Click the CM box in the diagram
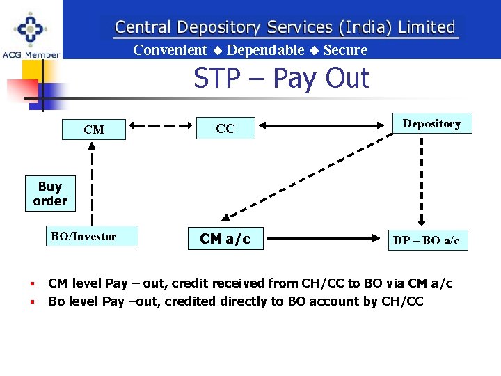(94, 130)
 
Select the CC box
(225, 129)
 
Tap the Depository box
(431, 124)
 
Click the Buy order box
(50, 194)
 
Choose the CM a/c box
(225, 239)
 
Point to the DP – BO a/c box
(426, 241)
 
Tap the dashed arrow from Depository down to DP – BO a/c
(421, 178)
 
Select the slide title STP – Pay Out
(281, 78)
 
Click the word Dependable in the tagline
(265, 50)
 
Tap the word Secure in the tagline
(345, 50)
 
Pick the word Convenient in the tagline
(170, 50)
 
